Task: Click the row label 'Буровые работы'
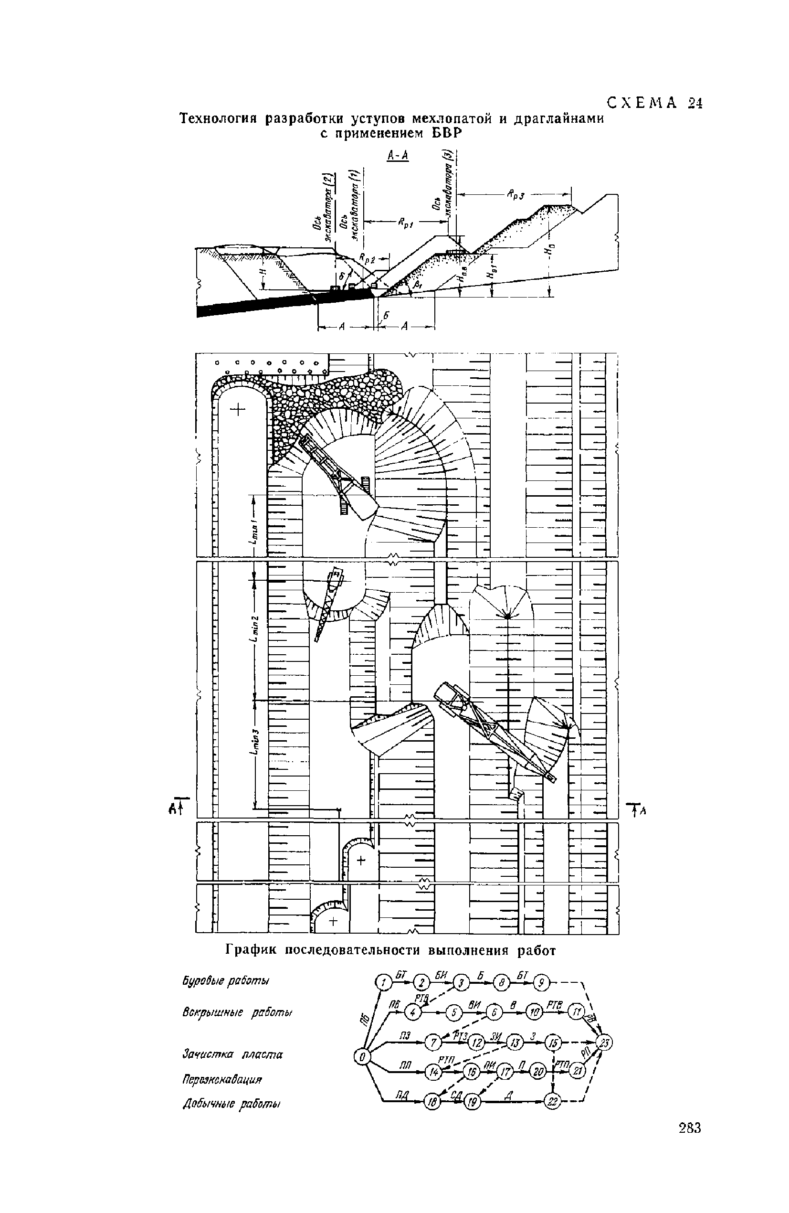pyautogui.click(x=226, y=981)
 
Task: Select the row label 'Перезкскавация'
pyautogui.click(x=222, y=1079)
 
